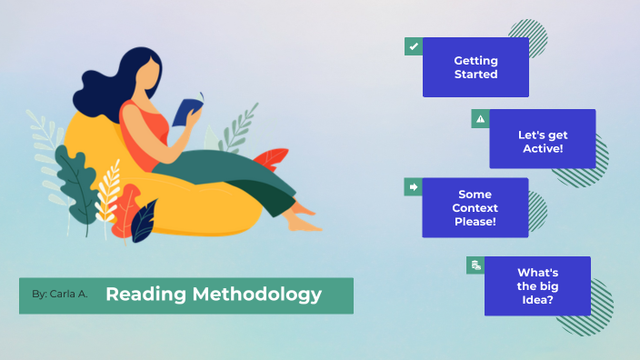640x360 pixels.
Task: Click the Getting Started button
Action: point(475,67)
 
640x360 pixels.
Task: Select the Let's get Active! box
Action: point(542,139)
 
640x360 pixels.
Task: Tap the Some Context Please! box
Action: point(475,207)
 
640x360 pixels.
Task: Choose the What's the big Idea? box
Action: point(536,285)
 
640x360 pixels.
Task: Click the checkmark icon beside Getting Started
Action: point(414,45)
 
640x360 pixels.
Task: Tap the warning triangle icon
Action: point(480,118)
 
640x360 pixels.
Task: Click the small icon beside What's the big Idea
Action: point(475,265)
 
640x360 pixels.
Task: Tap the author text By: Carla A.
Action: point(59,295)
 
